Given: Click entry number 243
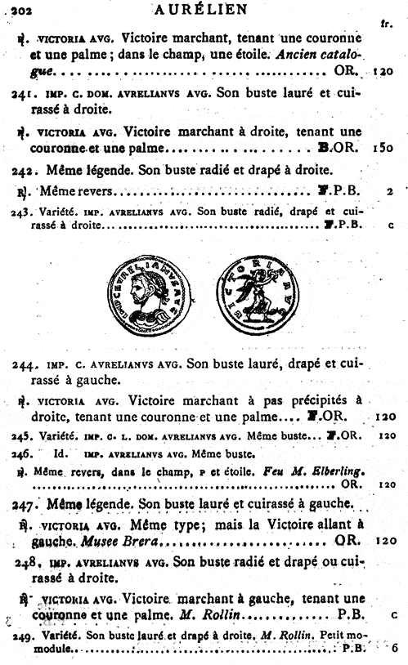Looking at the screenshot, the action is click(23, 212).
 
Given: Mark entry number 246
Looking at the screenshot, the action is click(22, 453).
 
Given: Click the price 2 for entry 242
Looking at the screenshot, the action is click(392, 192).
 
